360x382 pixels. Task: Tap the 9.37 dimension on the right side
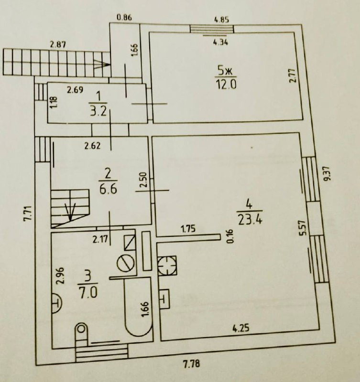327,174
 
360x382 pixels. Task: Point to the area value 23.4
248,220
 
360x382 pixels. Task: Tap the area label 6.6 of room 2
109,188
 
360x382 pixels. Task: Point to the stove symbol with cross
167,265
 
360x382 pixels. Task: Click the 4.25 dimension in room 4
242,329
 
